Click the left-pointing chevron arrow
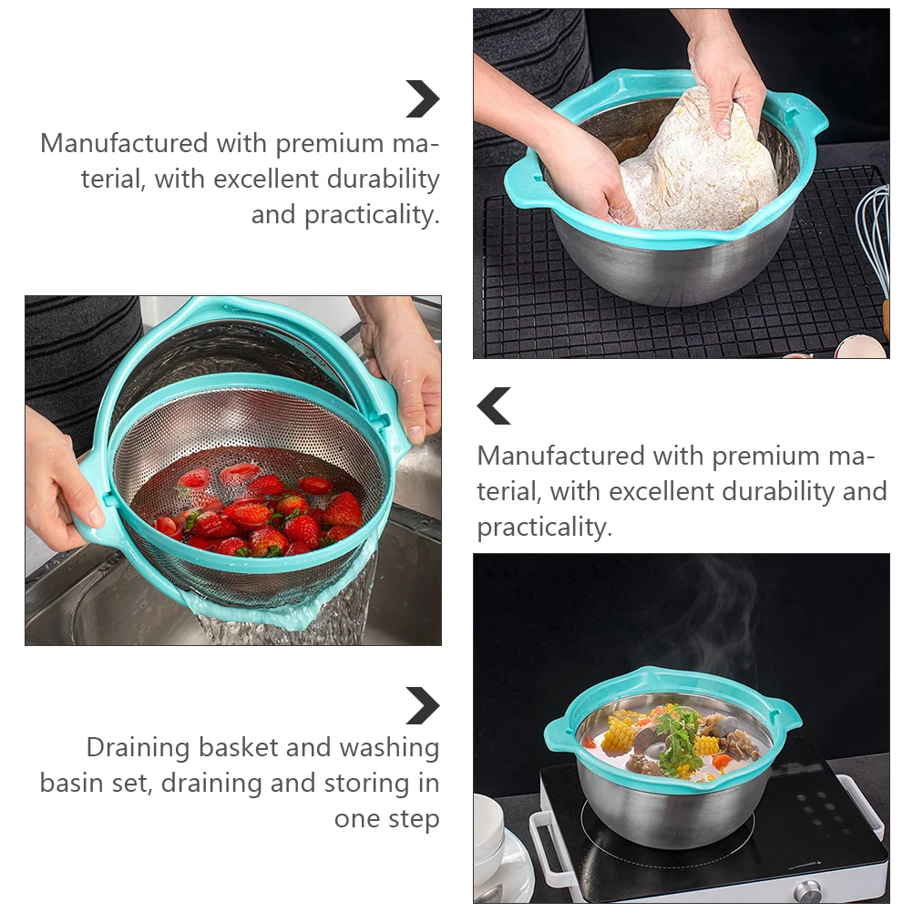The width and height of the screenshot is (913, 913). click(494, 406)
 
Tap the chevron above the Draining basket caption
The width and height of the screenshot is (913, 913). click(422, 705)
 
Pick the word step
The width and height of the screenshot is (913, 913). click(414, 818)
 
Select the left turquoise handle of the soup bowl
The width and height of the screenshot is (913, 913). click(558, 733)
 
